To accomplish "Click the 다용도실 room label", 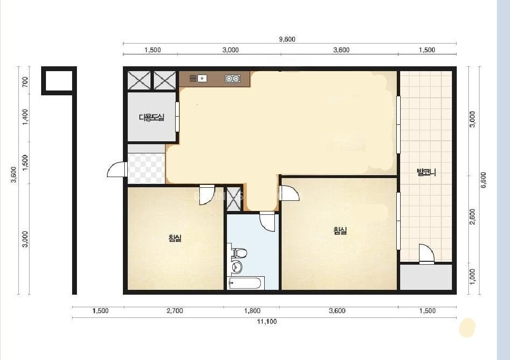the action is click(x=151, y=118).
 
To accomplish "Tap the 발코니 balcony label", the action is click(x=426, y=172).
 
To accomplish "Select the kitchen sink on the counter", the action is click(x=198, y=78).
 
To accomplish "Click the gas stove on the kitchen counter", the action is click(x=233, y=78).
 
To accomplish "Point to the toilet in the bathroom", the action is click(x=239, y=253).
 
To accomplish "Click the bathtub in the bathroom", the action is click(x=245, y=283).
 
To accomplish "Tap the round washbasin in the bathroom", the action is click(x=237, y=267).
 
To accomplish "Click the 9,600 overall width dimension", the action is click(x=287, y=39).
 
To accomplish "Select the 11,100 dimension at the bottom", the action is click(x=267, y=322).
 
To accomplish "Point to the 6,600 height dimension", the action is click(x=483, y=180).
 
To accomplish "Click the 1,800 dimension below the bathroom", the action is click(x=252, y=311).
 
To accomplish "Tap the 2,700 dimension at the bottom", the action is click(x=175, y=311).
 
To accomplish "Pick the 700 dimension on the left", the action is click(x=25, y=81).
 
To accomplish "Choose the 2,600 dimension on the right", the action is click(x=473, y=216).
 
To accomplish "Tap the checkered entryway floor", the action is click(x=146, y=169).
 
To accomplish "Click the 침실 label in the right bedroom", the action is click(x=340, y=231).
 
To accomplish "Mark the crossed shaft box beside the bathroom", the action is click(x=233, y=199).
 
